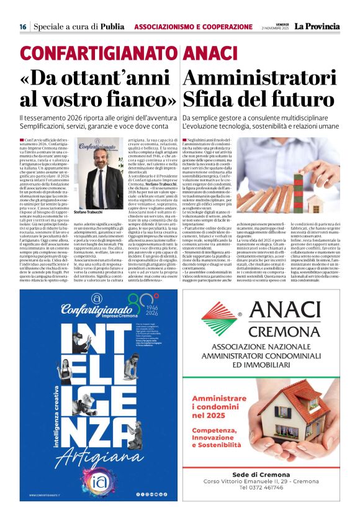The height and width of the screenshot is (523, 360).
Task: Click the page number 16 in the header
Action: click(x=22, y=27)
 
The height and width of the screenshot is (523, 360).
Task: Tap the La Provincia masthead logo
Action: click(x=317, y=26)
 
